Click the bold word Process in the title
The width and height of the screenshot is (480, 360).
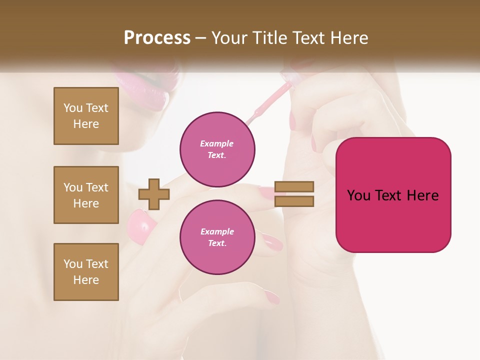click(x=157, y=38)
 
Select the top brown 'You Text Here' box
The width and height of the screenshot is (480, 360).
click(x=86, y=116)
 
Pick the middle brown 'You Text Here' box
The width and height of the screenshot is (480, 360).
click(x=86, y=195)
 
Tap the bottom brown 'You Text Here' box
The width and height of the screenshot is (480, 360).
click(x=86, y=272)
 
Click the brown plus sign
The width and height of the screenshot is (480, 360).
click(x=153, y=194)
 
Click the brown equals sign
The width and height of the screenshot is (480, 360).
click(x=294, y=194)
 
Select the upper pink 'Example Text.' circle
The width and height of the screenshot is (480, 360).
click(x=217, y=149)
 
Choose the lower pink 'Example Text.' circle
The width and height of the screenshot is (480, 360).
click(x=217, y=237)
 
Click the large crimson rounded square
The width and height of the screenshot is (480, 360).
click(x=393, y=195)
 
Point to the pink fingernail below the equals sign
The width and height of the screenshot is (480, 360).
click(x=271, y=242)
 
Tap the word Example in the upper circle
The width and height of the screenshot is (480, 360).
click(x=216, y=143)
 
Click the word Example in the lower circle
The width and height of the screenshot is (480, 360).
click(x=216, y=231)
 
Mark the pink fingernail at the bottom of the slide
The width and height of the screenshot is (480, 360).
click(x=272, y=298)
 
